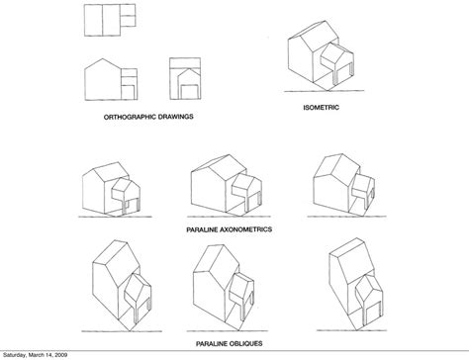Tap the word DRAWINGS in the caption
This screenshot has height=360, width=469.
click(174, 117)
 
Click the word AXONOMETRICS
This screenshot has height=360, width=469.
click(249, 227)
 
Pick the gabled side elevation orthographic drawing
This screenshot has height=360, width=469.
click(109, 80)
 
